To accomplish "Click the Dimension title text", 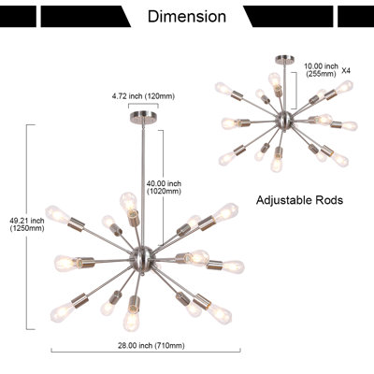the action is [187, 16].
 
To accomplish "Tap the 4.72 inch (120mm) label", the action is [143, 96].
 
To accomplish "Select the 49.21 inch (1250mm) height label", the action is [27, 224].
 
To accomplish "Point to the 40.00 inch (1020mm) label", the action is [164, 188].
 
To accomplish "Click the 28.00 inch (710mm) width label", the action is [151, 345].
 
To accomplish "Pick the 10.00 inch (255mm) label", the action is [321, 70].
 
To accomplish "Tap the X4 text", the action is [346, 71].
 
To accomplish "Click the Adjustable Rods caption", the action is [299, 200].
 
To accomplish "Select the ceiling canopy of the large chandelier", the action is [143, 116].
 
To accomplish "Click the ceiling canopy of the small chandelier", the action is [284, 59].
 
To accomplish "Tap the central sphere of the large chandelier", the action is [141, 257].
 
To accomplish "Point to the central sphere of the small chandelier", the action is [284, 120].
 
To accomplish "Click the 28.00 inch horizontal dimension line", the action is [146, 352].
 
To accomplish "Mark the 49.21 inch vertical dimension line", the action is [27, 227].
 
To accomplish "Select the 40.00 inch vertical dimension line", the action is [163, 188].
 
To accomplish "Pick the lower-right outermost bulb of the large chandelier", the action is [220, 312].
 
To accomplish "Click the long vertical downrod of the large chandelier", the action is [143, 184].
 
